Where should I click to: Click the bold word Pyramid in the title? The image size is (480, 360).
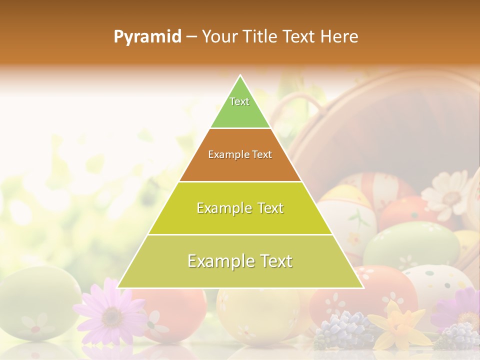[x=147, y=37]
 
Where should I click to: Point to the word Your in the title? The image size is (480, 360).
[x=218, y=37]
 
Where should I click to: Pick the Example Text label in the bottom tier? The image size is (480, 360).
[x=240, y=261]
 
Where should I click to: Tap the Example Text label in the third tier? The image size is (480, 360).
[x=240, y=208]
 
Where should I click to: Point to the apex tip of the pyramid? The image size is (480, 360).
[x=240, y=75]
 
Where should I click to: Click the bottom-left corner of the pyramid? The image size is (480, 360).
[x=118, y=287]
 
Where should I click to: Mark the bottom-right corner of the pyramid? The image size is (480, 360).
[x=363, y=287]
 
